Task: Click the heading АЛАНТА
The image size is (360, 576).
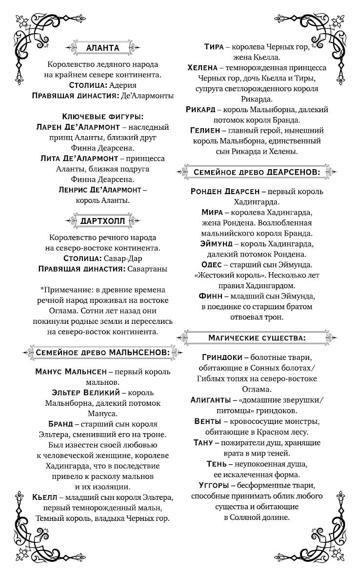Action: point(102,48)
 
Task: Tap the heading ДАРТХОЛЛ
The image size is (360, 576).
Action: point(102,221)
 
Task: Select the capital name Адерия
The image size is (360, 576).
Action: point(124,85)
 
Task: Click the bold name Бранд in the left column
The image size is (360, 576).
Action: point(60,423)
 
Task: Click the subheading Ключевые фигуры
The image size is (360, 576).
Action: point(102,117)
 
